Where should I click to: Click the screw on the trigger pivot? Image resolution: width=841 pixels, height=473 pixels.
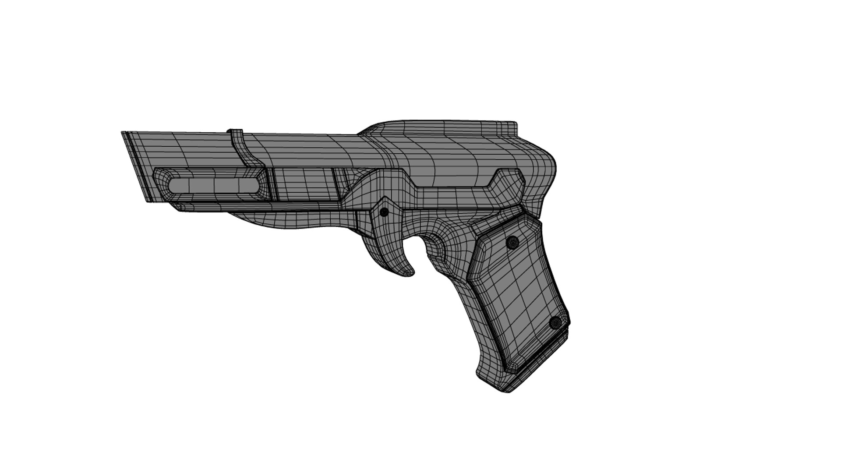(384, 212)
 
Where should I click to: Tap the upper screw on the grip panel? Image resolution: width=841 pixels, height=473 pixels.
(512, 242)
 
